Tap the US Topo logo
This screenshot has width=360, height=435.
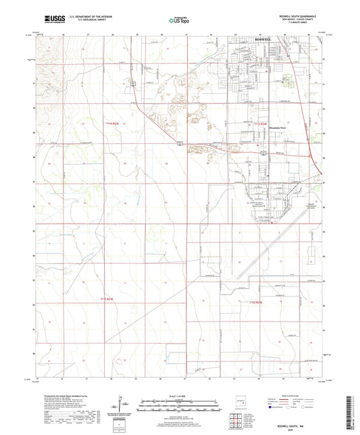[x=175, y=21]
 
